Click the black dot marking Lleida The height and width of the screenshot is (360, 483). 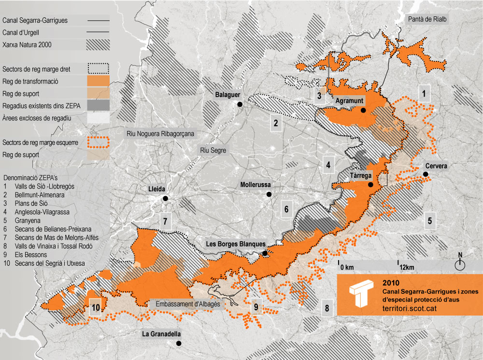click(166, 199)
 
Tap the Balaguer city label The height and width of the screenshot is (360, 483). click(228, 94)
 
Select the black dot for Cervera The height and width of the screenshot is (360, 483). click(426, 174)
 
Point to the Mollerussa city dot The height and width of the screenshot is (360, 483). click(269, 194)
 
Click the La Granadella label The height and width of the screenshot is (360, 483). click(161, 334)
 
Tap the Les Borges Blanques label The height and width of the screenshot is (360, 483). click(235, 244)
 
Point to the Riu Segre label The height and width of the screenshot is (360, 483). click(213, 150)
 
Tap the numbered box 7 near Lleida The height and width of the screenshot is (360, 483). click(165, 222)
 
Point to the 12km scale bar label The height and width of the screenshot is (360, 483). click(407, 267)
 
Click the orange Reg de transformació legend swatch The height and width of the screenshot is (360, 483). click(99, 81)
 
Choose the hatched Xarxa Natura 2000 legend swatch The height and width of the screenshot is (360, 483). click(99, 45)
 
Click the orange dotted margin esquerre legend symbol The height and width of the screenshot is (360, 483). click(99, 143)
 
